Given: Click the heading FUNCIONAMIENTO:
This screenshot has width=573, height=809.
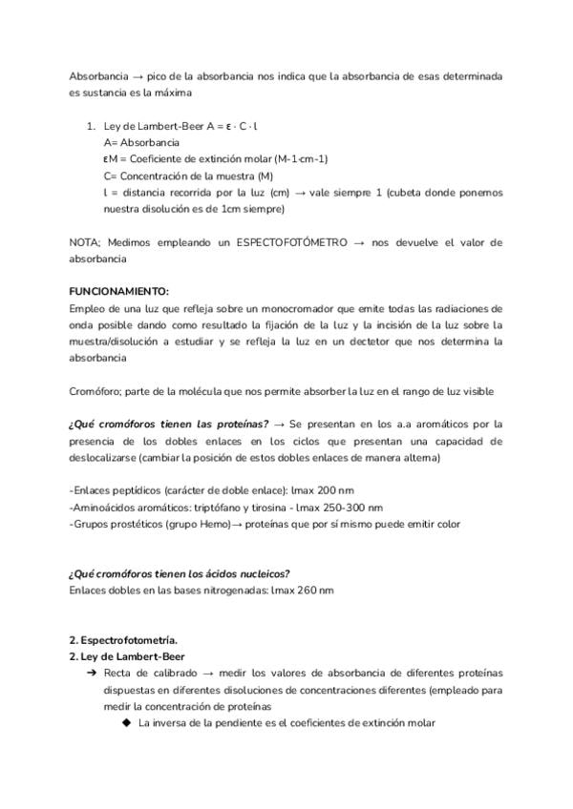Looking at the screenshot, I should pos(118,292).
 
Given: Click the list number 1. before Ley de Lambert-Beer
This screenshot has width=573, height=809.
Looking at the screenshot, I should pos(92,126).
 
